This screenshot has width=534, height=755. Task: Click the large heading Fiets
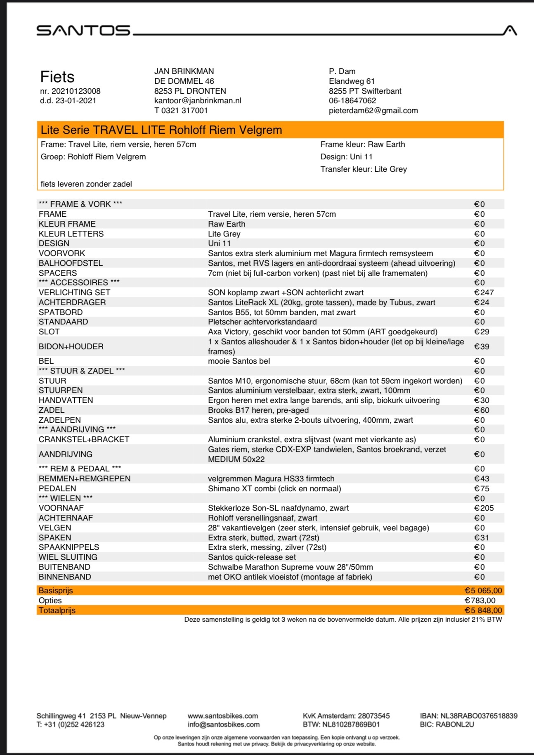point(57,77)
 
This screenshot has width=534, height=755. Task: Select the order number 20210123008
point(76,91)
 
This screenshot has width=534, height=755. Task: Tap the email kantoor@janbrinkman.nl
point(198,101)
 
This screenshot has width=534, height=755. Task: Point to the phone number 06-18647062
point(352,101)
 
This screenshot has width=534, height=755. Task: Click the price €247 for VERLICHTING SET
point(484,293)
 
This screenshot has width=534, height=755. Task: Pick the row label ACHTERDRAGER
point(72,303)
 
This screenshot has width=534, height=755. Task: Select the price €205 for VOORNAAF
point(484,508)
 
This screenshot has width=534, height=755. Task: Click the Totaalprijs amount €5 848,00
point(483,611)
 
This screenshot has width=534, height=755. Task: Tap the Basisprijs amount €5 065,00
point(483,591)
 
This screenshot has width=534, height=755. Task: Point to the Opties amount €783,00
point(480,601)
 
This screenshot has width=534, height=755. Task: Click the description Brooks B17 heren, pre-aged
point(258,410)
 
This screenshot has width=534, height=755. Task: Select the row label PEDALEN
point(57,489)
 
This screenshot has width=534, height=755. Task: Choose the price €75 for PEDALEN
point(482,489)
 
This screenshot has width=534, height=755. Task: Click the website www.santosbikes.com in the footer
point(223,716)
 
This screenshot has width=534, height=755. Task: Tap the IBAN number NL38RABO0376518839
point(479,716)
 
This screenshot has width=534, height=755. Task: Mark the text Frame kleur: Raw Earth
point(363,144)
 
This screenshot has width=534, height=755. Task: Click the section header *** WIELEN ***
point(66,498)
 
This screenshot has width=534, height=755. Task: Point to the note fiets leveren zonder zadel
point(86,184)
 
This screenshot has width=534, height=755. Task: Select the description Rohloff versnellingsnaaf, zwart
point(263,518)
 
